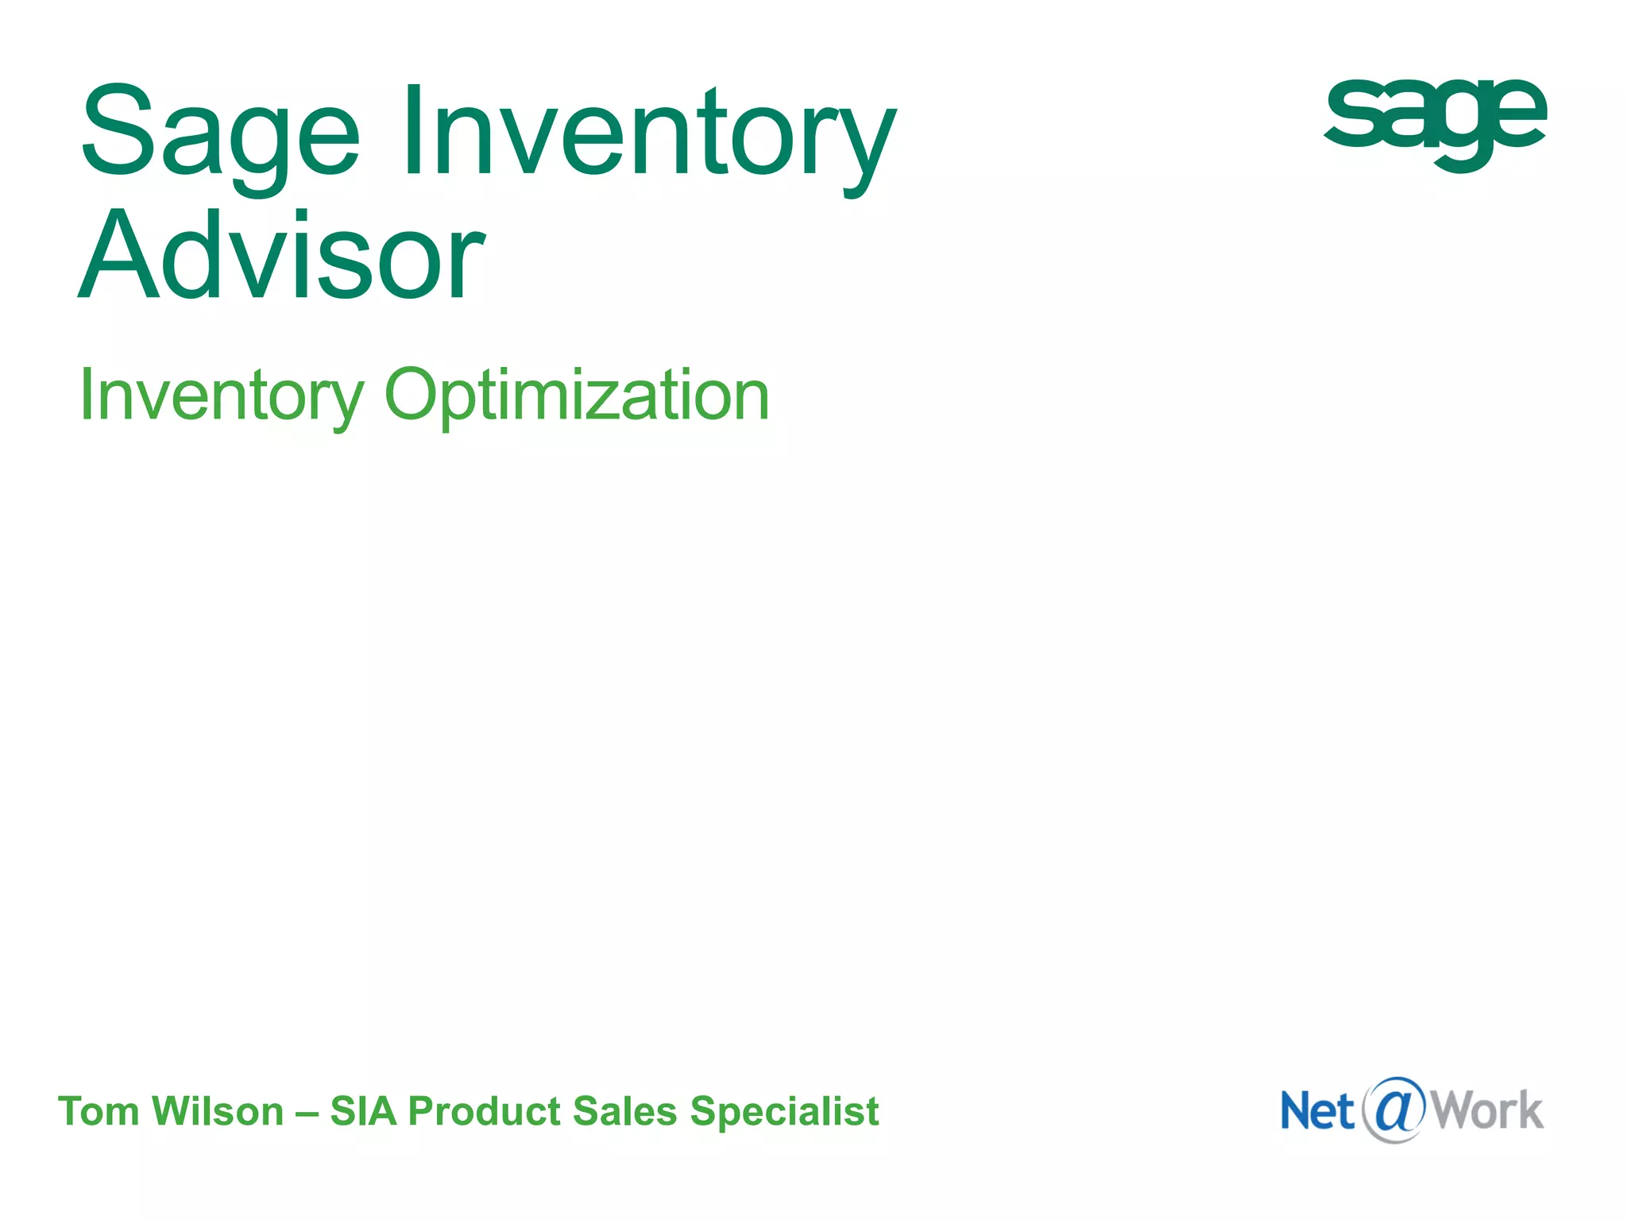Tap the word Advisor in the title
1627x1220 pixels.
[281, 256]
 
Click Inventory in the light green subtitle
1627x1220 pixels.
[222, 396]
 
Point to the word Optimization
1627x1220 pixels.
[577, 396]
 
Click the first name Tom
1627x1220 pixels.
[99, 1111]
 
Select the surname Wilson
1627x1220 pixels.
[218, 1111]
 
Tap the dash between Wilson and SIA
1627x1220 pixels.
[307, 1112]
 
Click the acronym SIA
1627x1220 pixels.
[363, 1111]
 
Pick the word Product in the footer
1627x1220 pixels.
[484, 1111]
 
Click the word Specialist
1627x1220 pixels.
[784, 1111]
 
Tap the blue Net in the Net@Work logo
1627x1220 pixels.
[1316, 1111]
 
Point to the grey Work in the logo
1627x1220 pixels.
[1487, 1110]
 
